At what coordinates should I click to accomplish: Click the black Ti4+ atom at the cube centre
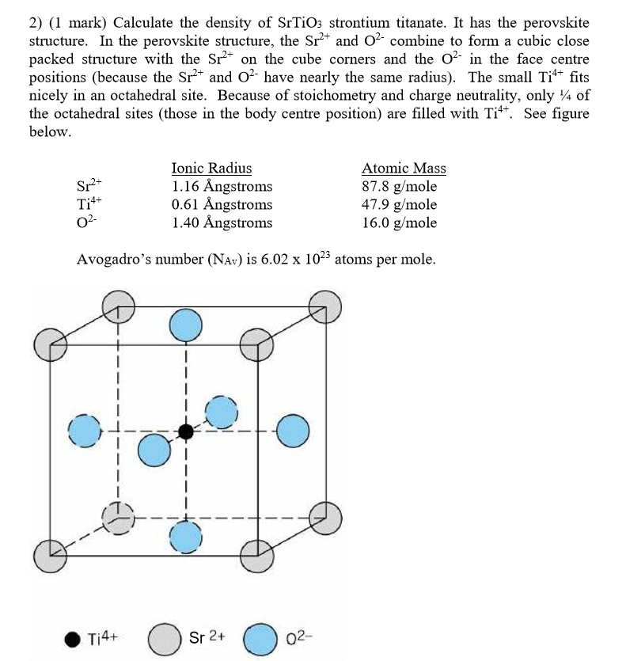(x=186, y=431)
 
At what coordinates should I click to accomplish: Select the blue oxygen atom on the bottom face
(x=186, y=535)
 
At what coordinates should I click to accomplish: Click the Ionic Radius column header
(x=211, y=168)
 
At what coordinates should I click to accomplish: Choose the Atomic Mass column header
(x=404, y=168)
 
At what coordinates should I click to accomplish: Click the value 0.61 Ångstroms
(x=222, y=204)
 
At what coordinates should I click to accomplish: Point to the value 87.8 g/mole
(x=399, y=187)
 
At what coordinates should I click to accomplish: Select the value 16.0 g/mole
(x=399, y=222)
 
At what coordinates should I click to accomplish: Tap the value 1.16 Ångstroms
(x=222, y=187)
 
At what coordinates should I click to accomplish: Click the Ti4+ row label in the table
(x=88, y=204)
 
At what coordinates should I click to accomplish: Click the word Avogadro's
(x=116, y=260)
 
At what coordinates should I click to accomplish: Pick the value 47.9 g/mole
(x=399, y=204)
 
